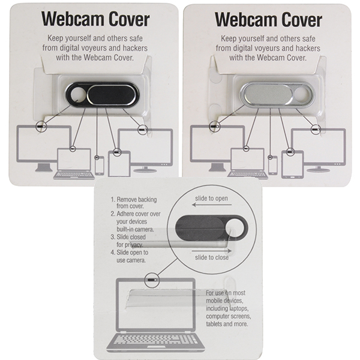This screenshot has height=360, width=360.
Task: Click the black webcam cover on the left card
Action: (103, 95)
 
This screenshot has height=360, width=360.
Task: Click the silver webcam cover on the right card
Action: (275, 95)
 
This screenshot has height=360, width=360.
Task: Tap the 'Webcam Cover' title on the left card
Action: (95, 19)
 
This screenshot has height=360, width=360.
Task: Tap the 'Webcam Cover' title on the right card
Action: (268, 19)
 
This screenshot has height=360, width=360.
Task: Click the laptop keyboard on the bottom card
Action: (156, 341)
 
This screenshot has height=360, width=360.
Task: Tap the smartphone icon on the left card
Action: (98, 165)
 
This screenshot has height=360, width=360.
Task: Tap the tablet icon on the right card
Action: (292, 163)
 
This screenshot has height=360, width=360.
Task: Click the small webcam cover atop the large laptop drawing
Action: (152, 278)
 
